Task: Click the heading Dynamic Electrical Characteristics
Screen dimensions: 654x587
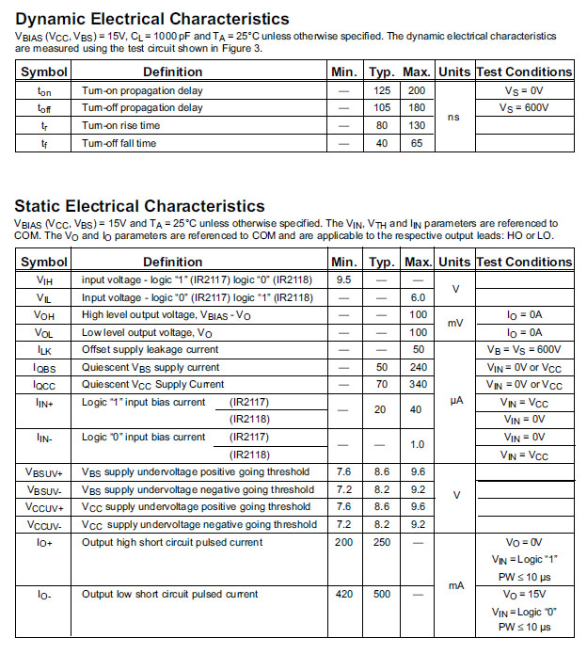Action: pyautogui.click(x=152, y=19)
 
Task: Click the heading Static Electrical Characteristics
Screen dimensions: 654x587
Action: pyautogui.click(x=139, y=205)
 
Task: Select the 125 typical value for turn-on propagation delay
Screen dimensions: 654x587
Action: pyautogui.click(x=381, y=90)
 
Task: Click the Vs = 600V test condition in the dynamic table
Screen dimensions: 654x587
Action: pyautogui.click(x=524, y=107)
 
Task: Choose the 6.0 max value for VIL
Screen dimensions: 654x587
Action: pyautogui.click(x=418, y=297)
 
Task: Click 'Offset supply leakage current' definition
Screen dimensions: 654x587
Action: pyautogui.click(x=150, y=349)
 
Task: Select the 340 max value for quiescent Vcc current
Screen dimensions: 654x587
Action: pyautogui.click(x=418, y=384)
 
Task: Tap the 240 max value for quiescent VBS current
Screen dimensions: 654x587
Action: pyautogui.click(x=418, y=367)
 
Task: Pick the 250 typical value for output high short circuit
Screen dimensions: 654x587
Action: pyautogui.click(x=381, y=542)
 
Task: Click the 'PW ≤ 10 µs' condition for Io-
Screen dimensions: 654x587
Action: pyautogui.click(x=524, y=627)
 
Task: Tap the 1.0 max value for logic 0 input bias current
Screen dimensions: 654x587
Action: pyautogui.click(x=418, y=445)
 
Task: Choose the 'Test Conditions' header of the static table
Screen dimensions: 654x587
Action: pyautogui.click(x=524, y=262)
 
